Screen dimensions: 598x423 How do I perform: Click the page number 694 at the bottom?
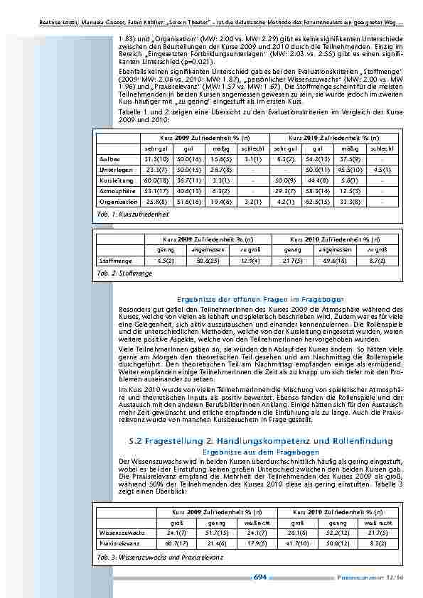pos(259,577)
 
